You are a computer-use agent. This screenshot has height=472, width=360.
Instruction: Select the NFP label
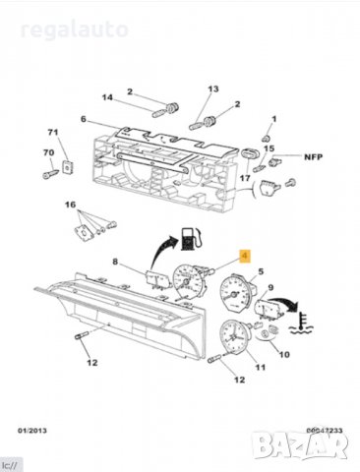(312, 156)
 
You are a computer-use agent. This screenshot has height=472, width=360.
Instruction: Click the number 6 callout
(85, 120)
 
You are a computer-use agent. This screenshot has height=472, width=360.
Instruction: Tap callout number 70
(47, 152)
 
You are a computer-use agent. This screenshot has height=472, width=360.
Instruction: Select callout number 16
(71, 205)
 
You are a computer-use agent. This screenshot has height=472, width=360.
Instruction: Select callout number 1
(274, 120)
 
